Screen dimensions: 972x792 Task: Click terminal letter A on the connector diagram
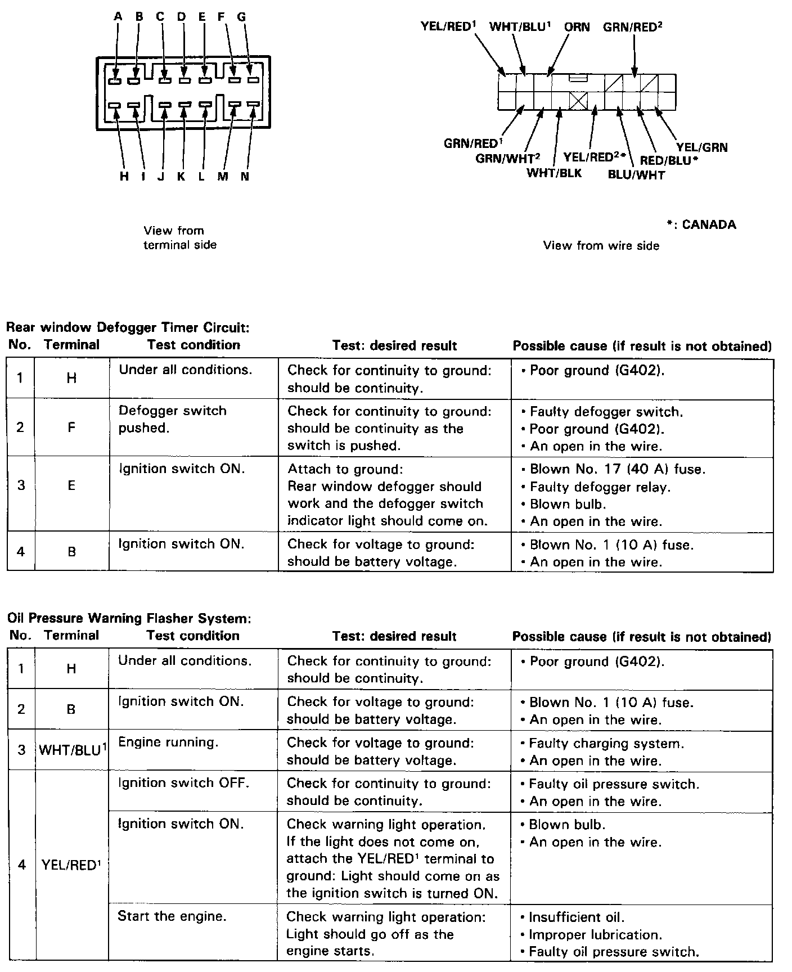[118, 17]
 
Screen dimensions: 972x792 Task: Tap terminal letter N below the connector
[245, 177]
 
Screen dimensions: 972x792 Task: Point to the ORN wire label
[577, 26]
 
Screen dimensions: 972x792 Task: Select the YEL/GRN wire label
[701, 147]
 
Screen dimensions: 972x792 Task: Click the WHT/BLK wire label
[553, 173]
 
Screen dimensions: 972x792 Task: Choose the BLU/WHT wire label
[636, 175]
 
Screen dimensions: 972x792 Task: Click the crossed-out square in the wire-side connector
[578, 101]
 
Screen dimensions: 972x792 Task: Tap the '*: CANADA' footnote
[701, 224]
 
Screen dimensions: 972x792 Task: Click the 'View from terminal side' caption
[179, 237]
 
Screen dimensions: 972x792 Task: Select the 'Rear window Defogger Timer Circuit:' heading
[128, 327]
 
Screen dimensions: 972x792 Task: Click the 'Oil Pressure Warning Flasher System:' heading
[129, 618]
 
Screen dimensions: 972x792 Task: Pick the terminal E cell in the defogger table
[71, 486]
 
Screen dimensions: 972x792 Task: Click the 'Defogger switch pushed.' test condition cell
[172, 419]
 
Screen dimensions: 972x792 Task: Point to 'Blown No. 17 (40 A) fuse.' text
[617, 469]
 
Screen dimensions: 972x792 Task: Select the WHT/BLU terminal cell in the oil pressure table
[72, 750]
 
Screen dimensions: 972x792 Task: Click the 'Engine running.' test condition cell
[168, 742]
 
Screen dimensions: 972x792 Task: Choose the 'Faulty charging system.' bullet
[606, 744]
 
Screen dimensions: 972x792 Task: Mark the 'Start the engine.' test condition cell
[172, 916]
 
